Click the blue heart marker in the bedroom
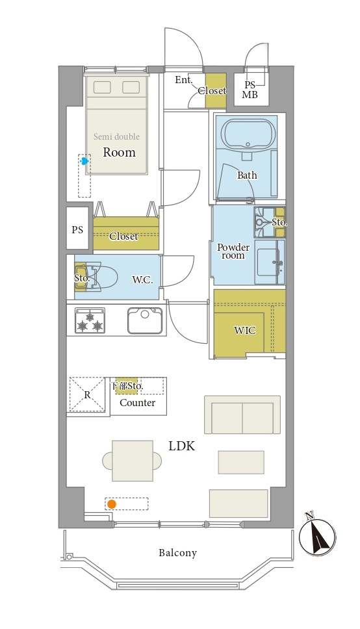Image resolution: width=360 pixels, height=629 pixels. (84, 161)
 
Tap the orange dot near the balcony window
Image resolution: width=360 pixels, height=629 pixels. (112, 504)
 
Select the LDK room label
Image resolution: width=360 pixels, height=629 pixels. (181, 446)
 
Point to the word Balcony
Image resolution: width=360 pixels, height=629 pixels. (177, 553)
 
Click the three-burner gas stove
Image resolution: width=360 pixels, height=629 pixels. (90, 320)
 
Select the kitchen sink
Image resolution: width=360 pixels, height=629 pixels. (145, 320)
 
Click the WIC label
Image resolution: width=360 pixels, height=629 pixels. (244, 331)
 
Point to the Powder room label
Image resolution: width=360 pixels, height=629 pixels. (233, 251)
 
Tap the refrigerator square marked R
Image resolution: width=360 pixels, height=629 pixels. (88, 394)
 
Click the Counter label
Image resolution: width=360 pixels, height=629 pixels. (137, 403)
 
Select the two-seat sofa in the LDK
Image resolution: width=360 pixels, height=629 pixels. (242, 415)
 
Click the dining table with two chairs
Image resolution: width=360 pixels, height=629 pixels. (133, 461)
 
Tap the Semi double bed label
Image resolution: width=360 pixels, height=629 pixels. (116, 137)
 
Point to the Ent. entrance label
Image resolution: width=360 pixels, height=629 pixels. (183, 80)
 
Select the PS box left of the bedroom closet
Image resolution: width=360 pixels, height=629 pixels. (77, 229)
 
